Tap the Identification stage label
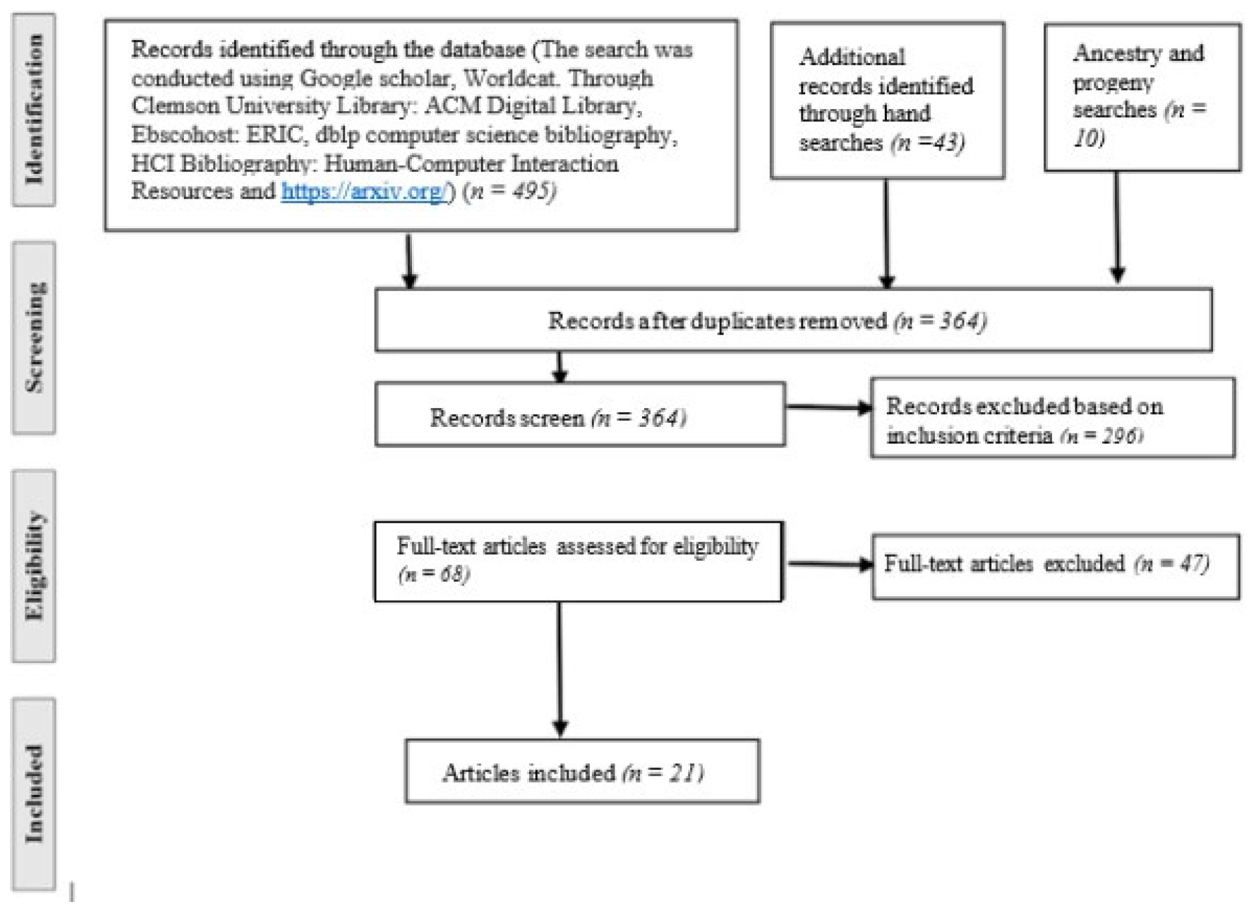[x=33, y=110]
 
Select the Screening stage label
[x=33, y=338]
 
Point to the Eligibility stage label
[x=33, y=566]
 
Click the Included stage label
[x=33, y=794]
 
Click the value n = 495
[x=512, y=191]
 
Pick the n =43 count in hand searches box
[x=928, y=143]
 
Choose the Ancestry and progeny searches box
[x=1142, y=98]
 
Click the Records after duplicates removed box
[x=793, y=320]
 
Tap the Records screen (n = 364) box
[x=579, y=415]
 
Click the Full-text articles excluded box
[x=1055, y=566]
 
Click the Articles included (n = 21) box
[x=582, y=771]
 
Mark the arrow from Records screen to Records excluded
[x=828, y=407]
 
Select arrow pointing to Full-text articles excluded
[x=829, y=564]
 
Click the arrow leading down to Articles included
[x=560, y=669]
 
